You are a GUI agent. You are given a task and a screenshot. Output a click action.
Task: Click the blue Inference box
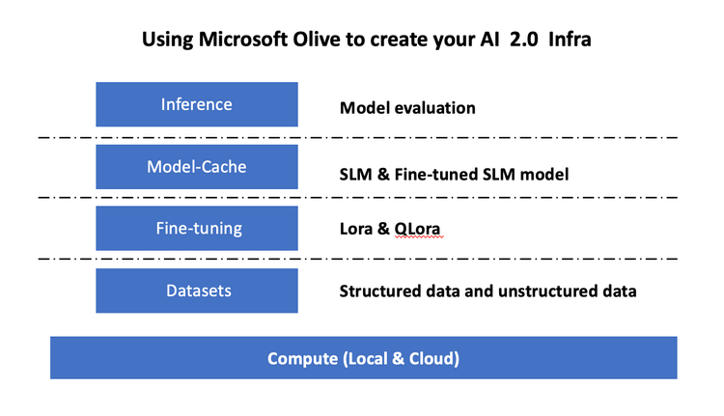(x=197, y=104)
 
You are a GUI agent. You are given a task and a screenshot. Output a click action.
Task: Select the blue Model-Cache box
(x=197, y=167)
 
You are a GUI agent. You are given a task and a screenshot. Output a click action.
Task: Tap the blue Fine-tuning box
(x=197, y=229)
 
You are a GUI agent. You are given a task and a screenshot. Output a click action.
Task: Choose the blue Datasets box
(x=197, y=291)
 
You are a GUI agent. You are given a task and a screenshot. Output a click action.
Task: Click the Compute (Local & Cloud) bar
(x=363, y=358)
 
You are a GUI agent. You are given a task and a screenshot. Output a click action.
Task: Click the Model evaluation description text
(x=407, y=108)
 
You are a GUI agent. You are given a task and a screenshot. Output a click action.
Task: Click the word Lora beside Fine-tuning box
(x=357, y=232)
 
